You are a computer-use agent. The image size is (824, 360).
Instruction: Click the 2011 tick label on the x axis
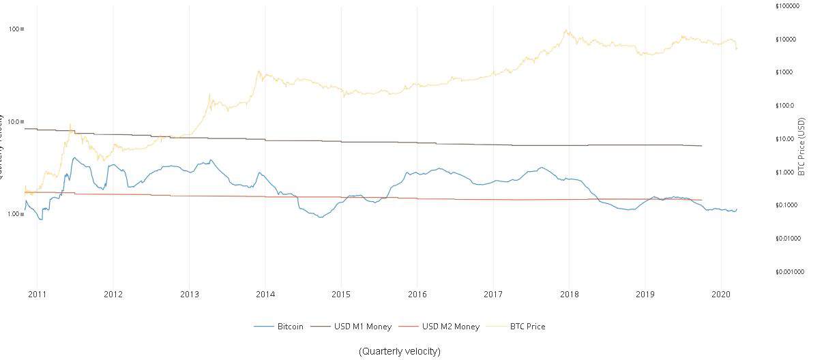point(38,295)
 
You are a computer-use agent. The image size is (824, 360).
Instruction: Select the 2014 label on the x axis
point(265,295)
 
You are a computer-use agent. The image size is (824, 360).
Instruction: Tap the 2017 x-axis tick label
point(493,295)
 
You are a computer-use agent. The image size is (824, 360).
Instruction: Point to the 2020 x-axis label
point(722,295)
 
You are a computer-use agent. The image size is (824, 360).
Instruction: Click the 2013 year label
point(190,295)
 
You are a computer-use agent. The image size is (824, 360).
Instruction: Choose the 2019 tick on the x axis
point(645,295)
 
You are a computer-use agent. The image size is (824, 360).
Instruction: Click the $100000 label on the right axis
point(787,6)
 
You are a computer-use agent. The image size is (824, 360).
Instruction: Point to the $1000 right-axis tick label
point(784,72)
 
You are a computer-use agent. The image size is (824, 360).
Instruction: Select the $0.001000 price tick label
point(790,271)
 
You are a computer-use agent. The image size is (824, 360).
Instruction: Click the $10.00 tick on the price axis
point(786,139)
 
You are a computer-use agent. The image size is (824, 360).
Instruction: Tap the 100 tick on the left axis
point(14,29)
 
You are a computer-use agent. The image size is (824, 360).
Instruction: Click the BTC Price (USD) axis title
point(802,146)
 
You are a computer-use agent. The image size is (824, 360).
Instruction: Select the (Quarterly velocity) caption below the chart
point(400,351)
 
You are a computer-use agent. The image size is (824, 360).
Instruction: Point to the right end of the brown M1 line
point(702,146)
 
